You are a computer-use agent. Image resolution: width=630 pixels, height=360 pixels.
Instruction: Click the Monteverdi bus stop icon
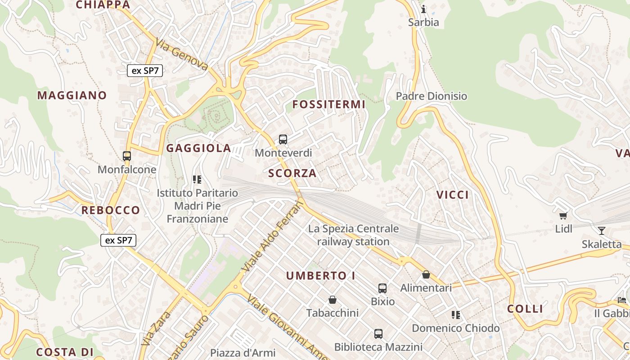coord(283,139)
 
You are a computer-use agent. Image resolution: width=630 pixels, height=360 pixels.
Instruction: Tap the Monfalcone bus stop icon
coord(127,156)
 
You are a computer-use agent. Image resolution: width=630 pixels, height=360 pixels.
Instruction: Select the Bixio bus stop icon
coord(382,288)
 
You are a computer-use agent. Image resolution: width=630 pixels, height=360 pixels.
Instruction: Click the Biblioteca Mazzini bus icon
coord(378,334)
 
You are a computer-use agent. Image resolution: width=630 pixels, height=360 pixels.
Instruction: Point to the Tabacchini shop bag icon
coord(333,300)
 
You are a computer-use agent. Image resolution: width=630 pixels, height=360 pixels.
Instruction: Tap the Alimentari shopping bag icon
coord(426,274)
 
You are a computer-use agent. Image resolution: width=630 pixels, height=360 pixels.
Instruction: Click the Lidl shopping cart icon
coord(563,216)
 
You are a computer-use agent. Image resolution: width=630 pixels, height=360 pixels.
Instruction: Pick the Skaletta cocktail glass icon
coord(601,231)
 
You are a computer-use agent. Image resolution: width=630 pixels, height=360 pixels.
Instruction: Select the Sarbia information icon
coord(423,9)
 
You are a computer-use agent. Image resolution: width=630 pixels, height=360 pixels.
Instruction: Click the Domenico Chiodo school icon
coord(455,315)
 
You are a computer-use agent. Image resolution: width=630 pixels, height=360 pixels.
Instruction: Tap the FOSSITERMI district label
coord(328,104)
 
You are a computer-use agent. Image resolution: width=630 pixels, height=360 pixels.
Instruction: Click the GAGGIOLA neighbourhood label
coord(198,148)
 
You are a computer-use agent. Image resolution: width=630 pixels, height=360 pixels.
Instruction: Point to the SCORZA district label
coord(292,173)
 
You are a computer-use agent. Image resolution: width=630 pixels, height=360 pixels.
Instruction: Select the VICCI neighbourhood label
coord(452,195)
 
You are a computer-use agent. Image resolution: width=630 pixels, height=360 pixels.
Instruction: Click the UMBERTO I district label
coord(320,276)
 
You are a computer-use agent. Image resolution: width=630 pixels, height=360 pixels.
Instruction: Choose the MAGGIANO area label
coord(72,95)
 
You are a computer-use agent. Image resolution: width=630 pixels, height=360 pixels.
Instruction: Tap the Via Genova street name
coord(182,54)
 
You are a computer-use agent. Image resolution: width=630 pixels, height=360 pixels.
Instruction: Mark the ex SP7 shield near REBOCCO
coord(118,240)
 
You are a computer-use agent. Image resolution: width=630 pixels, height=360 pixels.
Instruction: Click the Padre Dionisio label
coord(431,96)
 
